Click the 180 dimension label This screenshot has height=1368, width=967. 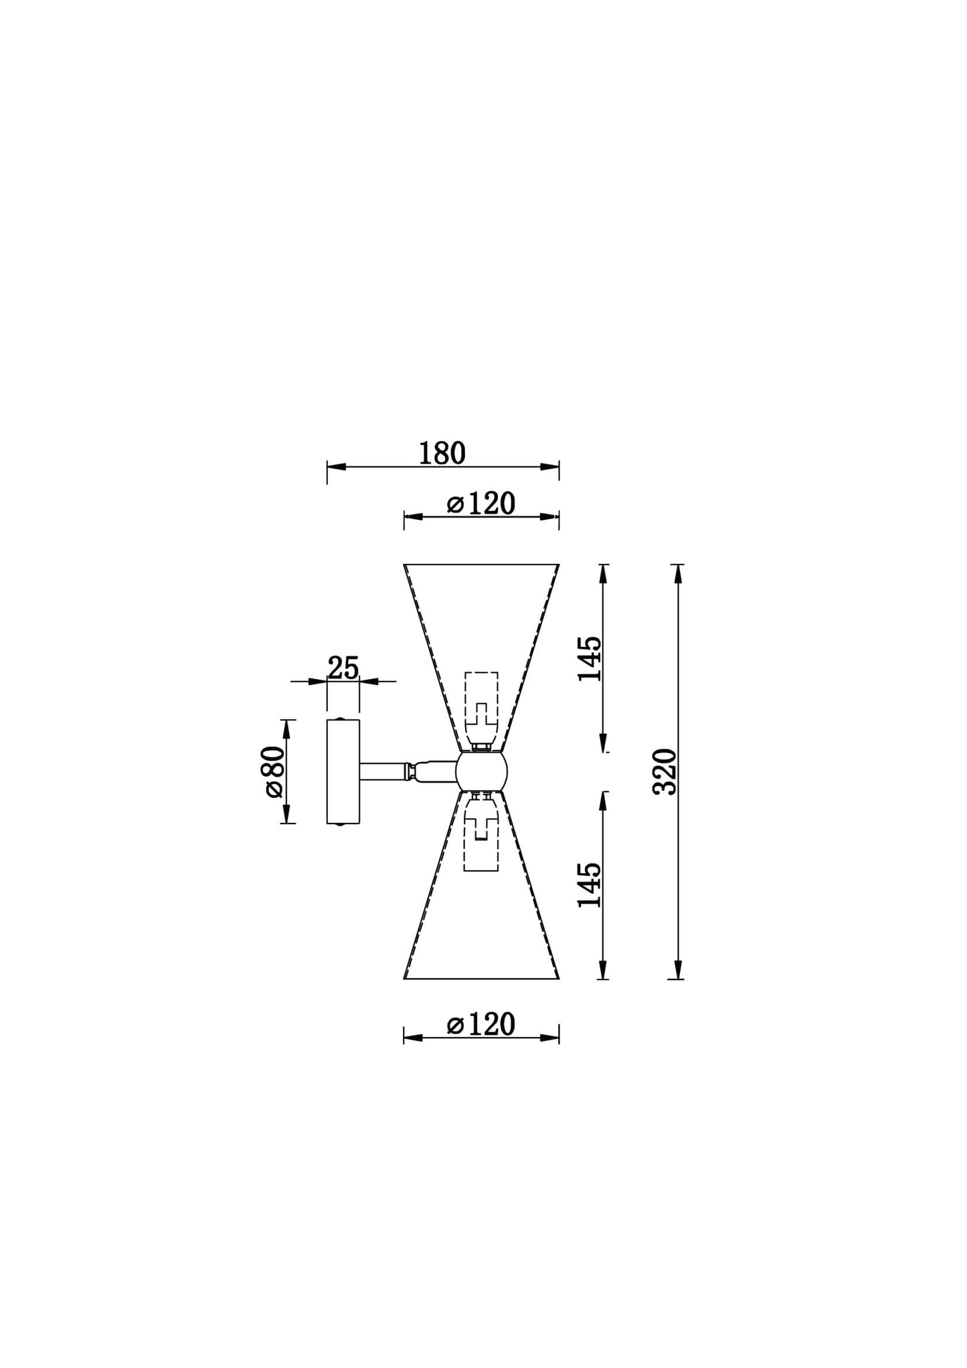tap(442, 454)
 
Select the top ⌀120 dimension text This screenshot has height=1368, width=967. tap(481, 504)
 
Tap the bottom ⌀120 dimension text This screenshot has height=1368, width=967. tap(481, 1024)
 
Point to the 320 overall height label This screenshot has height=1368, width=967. tap(665, 771)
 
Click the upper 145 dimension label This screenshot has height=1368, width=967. tap(590, 658)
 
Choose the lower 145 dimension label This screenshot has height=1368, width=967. tap(590, 884)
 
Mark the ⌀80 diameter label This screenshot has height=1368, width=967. tap(274, 771)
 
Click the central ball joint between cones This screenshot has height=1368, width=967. tap(482, 771)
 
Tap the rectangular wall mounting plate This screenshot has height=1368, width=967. tap(343, 771)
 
